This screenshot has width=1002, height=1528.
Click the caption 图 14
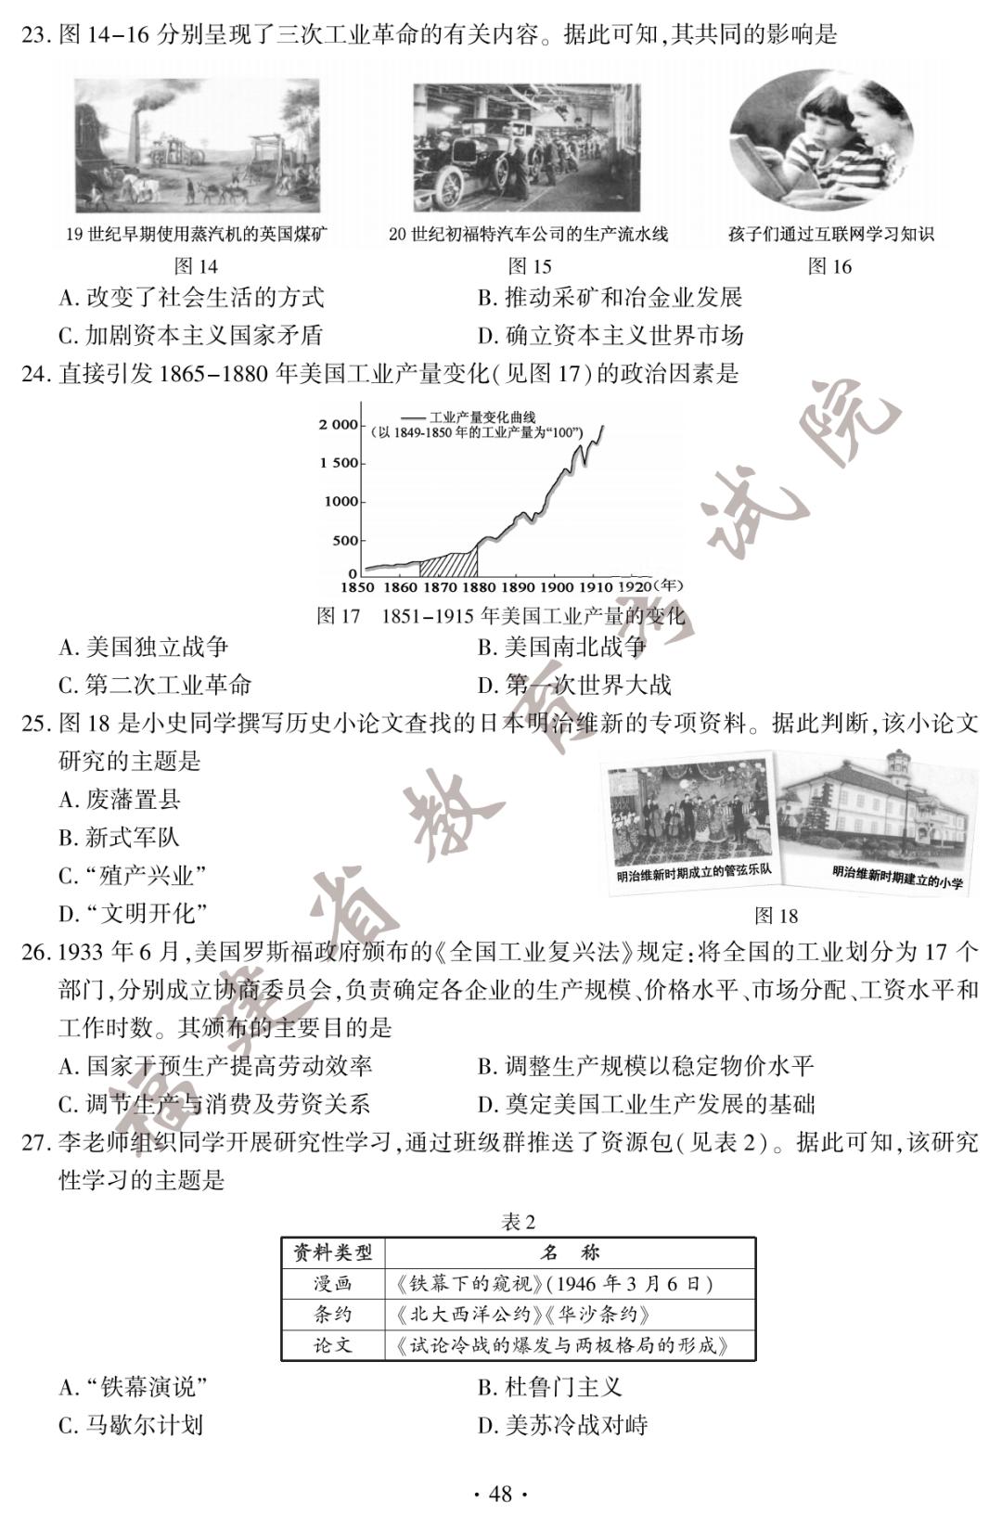pyautogui.click(x=196, y=266)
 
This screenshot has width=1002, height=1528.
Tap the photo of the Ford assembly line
pyautogui.click(x=526, y=148)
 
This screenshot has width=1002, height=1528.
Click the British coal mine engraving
pyautogui.click(x=197, y=146)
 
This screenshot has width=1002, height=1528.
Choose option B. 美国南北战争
pyautogui.click(x=561, y=647)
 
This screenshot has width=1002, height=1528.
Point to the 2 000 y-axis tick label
pyautogui.click(x=338, y=425)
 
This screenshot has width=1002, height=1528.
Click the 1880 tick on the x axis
pyautogui.click(x=478, y=586)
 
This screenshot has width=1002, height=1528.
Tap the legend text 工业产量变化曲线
pyautogui.click(x=482, y=418)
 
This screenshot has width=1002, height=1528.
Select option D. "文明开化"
pyautogui.click(x=133, y=914)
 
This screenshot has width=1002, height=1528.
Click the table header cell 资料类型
pyautogui.click(x=333, y=1253)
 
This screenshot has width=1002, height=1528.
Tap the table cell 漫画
pyautogui.click(x=333, y=1284)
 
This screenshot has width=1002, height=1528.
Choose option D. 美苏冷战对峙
pyautogui.click(x=562, y=1425)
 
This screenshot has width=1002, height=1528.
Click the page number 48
pyautogui.click(x=500, y=1494)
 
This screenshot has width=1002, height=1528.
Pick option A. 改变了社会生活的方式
pyautogui.click(x=191, y=298)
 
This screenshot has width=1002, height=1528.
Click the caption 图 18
pyautogui.click(x=777, y=916)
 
